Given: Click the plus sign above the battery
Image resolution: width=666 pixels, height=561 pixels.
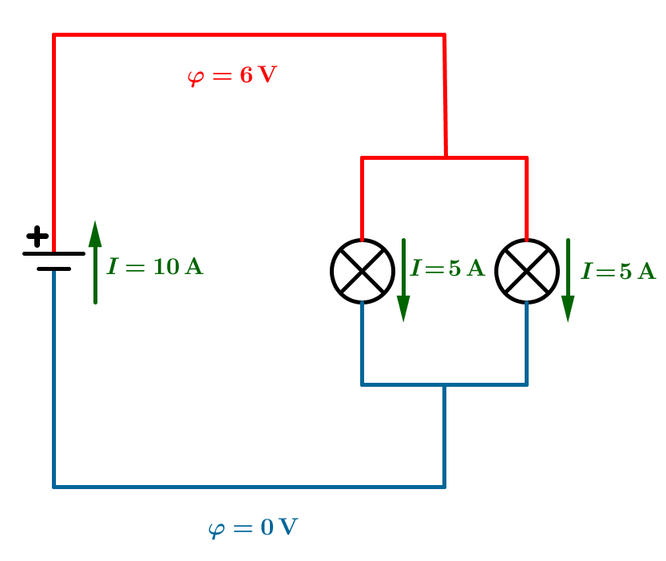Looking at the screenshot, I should point(37,237).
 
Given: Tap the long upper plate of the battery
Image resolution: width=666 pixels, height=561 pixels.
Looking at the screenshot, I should point(54,253).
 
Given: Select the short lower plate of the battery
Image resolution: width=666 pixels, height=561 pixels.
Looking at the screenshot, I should point(54,269).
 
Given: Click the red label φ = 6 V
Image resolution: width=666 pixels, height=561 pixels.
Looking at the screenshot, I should point(232,77).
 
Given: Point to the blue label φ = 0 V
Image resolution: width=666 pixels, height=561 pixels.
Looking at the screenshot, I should point(252,528).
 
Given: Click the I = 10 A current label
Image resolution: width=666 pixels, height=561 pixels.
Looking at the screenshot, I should point(155,267).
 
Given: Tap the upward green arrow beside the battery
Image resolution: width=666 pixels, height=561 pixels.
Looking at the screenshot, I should point(95,262).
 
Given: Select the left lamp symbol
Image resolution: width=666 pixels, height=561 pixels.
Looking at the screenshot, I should point(363,271).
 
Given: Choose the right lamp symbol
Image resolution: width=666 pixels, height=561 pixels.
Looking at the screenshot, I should point(526,271).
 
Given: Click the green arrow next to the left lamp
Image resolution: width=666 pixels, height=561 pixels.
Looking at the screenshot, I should point(403,280).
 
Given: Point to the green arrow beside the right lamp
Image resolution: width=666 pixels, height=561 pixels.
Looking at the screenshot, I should point(568,280).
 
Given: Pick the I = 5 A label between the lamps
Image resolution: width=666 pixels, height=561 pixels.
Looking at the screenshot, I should point(448,269).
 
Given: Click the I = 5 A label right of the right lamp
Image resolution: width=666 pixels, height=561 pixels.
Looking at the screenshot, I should point(618,272).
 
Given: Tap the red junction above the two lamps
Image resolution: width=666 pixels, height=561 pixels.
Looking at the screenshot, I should point(446,157).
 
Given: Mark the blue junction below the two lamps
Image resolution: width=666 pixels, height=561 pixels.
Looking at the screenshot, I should point(444,385).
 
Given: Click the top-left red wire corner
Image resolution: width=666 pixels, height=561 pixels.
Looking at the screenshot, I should point(54,35).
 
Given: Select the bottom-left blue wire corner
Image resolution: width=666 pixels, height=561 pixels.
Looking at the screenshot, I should point(54,486).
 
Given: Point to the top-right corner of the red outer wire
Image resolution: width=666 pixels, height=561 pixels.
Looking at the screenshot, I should point(444,35).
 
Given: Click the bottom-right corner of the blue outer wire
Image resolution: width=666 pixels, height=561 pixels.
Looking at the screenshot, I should point(444,486).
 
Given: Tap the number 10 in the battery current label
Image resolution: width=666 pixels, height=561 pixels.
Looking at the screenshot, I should point(166,267).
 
